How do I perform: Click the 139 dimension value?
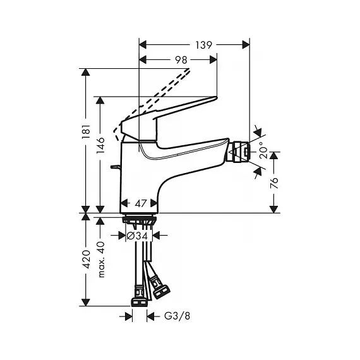(203, 45)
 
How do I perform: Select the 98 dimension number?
(181, 60)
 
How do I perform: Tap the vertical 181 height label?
(87, 131)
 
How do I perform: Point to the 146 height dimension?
(100, 145)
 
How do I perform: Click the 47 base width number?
(140, 203)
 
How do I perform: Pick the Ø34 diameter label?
(138, 236)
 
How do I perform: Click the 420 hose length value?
(87, 259)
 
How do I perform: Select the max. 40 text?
(101, 260)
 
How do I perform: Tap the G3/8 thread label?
(177, 316)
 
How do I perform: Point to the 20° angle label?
(263, 150)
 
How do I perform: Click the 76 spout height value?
(273, 183)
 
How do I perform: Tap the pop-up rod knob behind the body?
(115, 167)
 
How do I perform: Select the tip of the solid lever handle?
(216, 98)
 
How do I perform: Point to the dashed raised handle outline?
(152, 104)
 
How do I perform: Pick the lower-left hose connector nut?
(139, 299)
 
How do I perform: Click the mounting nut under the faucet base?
(140, 219)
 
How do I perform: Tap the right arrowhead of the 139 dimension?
(246, 45)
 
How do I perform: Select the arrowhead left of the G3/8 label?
(129, 317)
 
